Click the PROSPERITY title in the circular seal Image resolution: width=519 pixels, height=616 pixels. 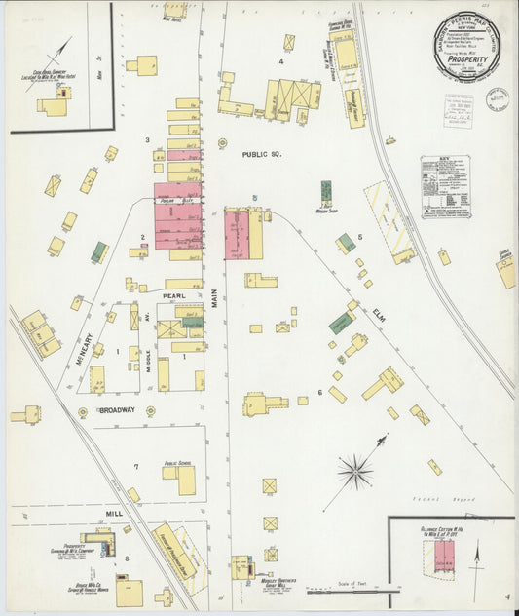pos(466,58)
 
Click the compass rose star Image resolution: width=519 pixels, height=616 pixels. pos(355,473)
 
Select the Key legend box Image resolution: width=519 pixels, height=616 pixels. pos(445,186)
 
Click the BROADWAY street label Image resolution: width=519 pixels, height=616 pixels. pos(116,411)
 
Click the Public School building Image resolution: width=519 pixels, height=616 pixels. pos(180,478)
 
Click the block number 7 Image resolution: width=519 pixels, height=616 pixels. pos(136,467)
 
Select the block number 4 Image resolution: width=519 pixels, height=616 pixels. pos(280,62)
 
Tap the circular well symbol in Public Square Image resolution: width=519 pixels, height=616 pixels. pos(222,143)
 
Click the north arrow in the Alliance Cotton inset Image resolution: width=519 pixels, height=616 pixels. pos(475,563)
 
